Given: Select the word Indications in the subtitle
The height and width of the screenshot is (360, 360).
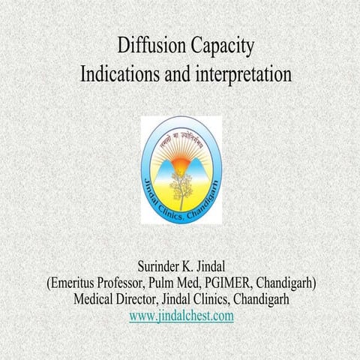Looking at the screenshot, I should click(123, 75).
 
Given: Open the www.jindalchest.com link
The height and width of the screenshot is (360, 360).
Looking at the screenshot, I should click(181, 316).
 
